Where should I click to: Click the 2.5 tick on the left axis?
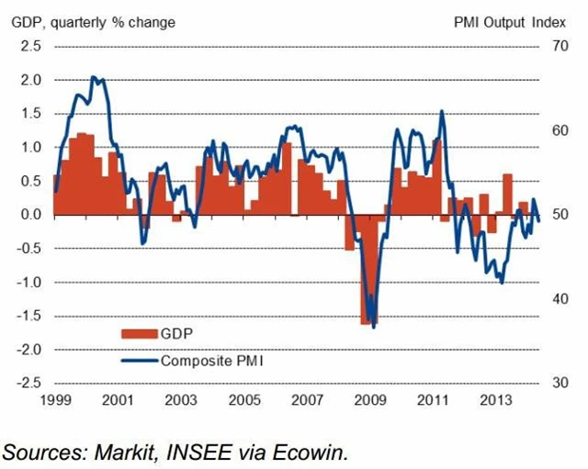pos(30,47)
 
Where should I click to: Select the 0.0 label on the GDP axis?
pos(30,215)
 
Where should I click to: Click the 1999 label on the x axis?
pos(54,401)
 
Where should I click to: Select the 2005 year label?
pos(244,401)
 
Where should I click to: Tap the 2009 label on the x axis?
pos(370,401)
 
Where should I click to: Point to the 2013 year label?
pos(497,401)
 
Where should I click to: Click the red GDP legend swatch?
pos(139,331)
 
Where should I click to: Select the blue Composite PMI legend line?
pos(139,361)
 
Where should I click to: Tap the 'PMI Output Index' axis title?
pos(503,20)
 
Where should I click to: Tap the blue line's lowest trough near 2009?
pos(374,328)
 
